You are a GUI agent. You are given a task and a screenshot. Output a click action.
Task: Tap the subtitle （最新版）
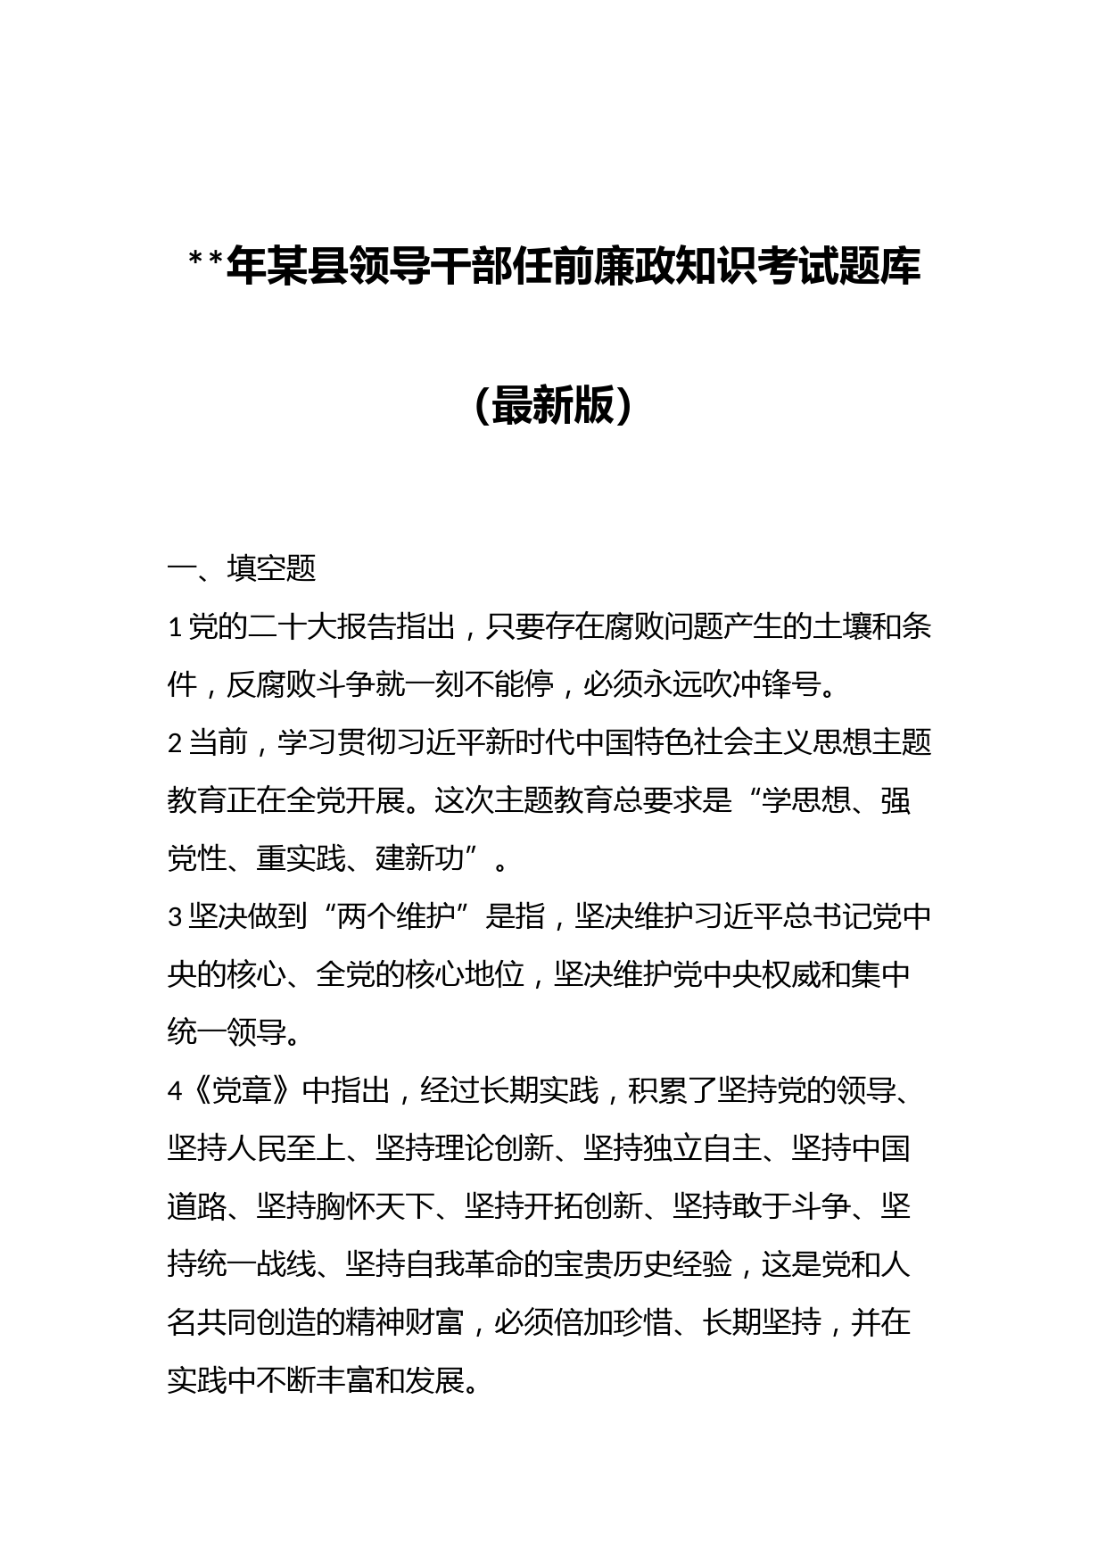(x=553, y=406)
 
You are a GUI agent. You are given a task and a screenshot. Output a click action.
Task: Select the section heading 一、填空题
(x=242, y=568)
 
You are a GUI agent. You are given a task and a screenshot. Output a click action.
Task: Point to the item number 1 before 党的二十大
(x=176, y=628)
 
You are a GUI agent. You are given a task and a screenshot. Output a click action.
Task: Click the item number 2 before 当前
(x=176, y=742)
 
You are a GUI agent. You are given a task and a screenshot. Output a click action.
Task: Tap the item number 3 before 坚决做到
(x=176, y=916)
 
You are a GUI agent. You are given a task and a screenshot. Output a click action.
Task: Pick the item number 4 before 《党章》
(x=176, y=1090)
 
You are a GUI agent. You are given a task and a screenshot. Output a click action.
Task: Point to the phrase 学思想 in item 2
(x=806, y=800)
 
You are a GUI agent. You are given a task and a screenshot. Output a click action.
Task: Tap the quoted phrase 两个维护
(x=398, y=916)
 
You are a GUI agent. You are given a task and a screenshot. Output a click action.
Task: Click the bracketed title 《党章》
(x=242, y=1090)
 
